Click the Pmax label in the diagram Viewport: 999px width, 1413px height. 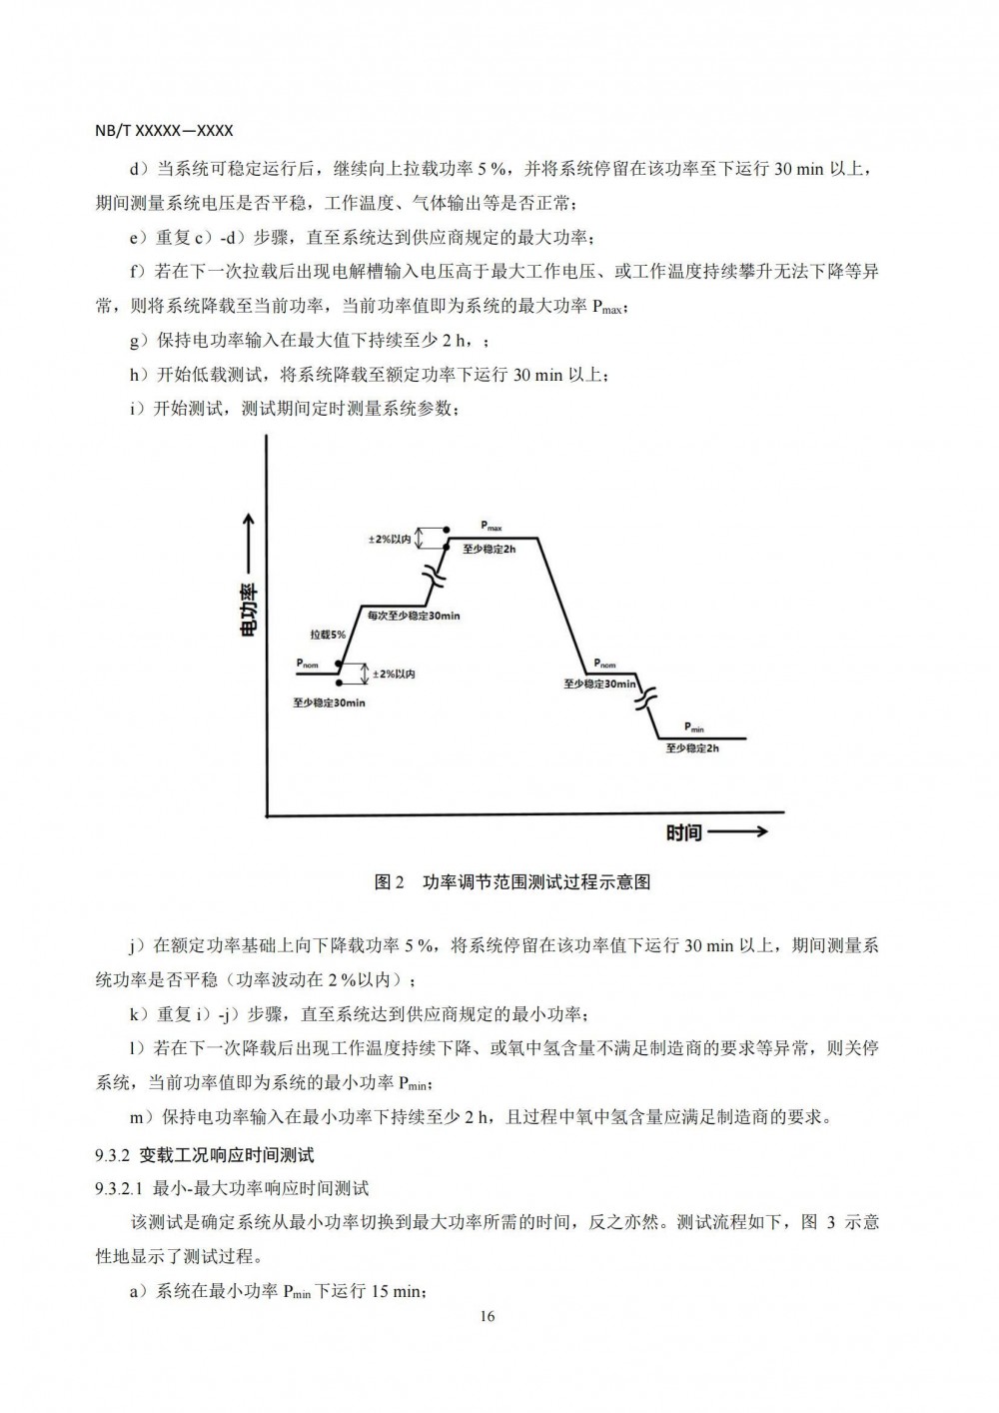pyautogui.click(x=491, y=526)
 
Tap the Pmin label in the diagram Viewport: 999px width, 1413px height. pyautogui.click(x=694, y=727)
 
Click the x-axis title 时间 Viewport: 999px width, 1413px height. pyautogui.click(x=684, y=831)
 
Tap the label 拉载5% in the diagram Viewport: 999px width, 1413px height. pyautogui.click(x=328, y=635)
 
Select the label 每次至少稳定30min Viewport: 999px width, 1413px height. pyautogui.click(x=414, y=617)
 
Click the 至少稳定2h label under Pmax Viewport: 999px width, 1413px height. pyautogui.click(x=490, y=550)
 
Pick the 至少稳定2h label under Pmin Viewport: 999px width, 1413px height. pyautogui.click(x=692, y=747)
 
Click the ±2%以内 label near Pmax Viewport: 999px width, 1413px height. pyautogui.click(x=390, y=539)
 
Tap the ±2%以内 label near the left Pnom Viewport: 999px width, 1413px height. pyautogui.click(x=394, y=675)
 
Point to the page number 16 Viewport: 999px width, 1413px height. pyautogui.click(x=488, y=1316)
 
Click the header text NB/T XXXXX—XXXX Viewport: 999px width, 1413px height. pyautogui.click(x=164, y=130)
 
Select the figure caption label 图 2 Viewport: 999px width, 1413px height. pyautogui.click(x=389, y=881)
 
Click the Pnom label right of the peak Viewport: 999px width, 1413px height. pyautogui.click(x=604, y=664)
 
